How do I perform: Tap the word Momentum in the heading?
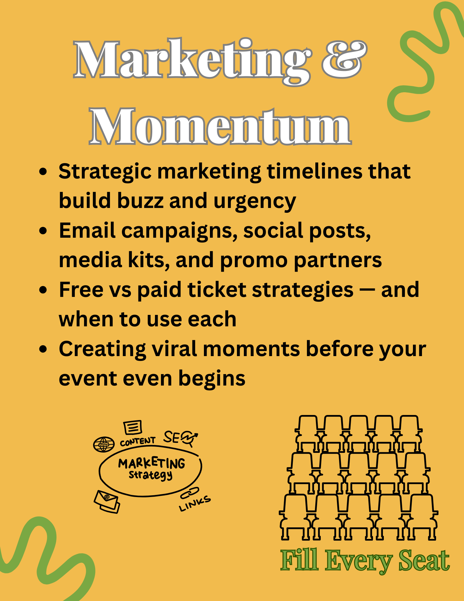[220, 126]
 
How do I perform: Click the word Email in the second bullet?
[87, 230]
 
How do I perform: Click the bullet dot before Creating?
[44, 349]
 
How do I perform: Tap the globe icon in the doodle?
[104, 444]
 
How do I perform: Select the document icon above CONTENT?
[132, 427]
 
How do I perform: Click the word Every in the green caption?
[359, 561]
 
